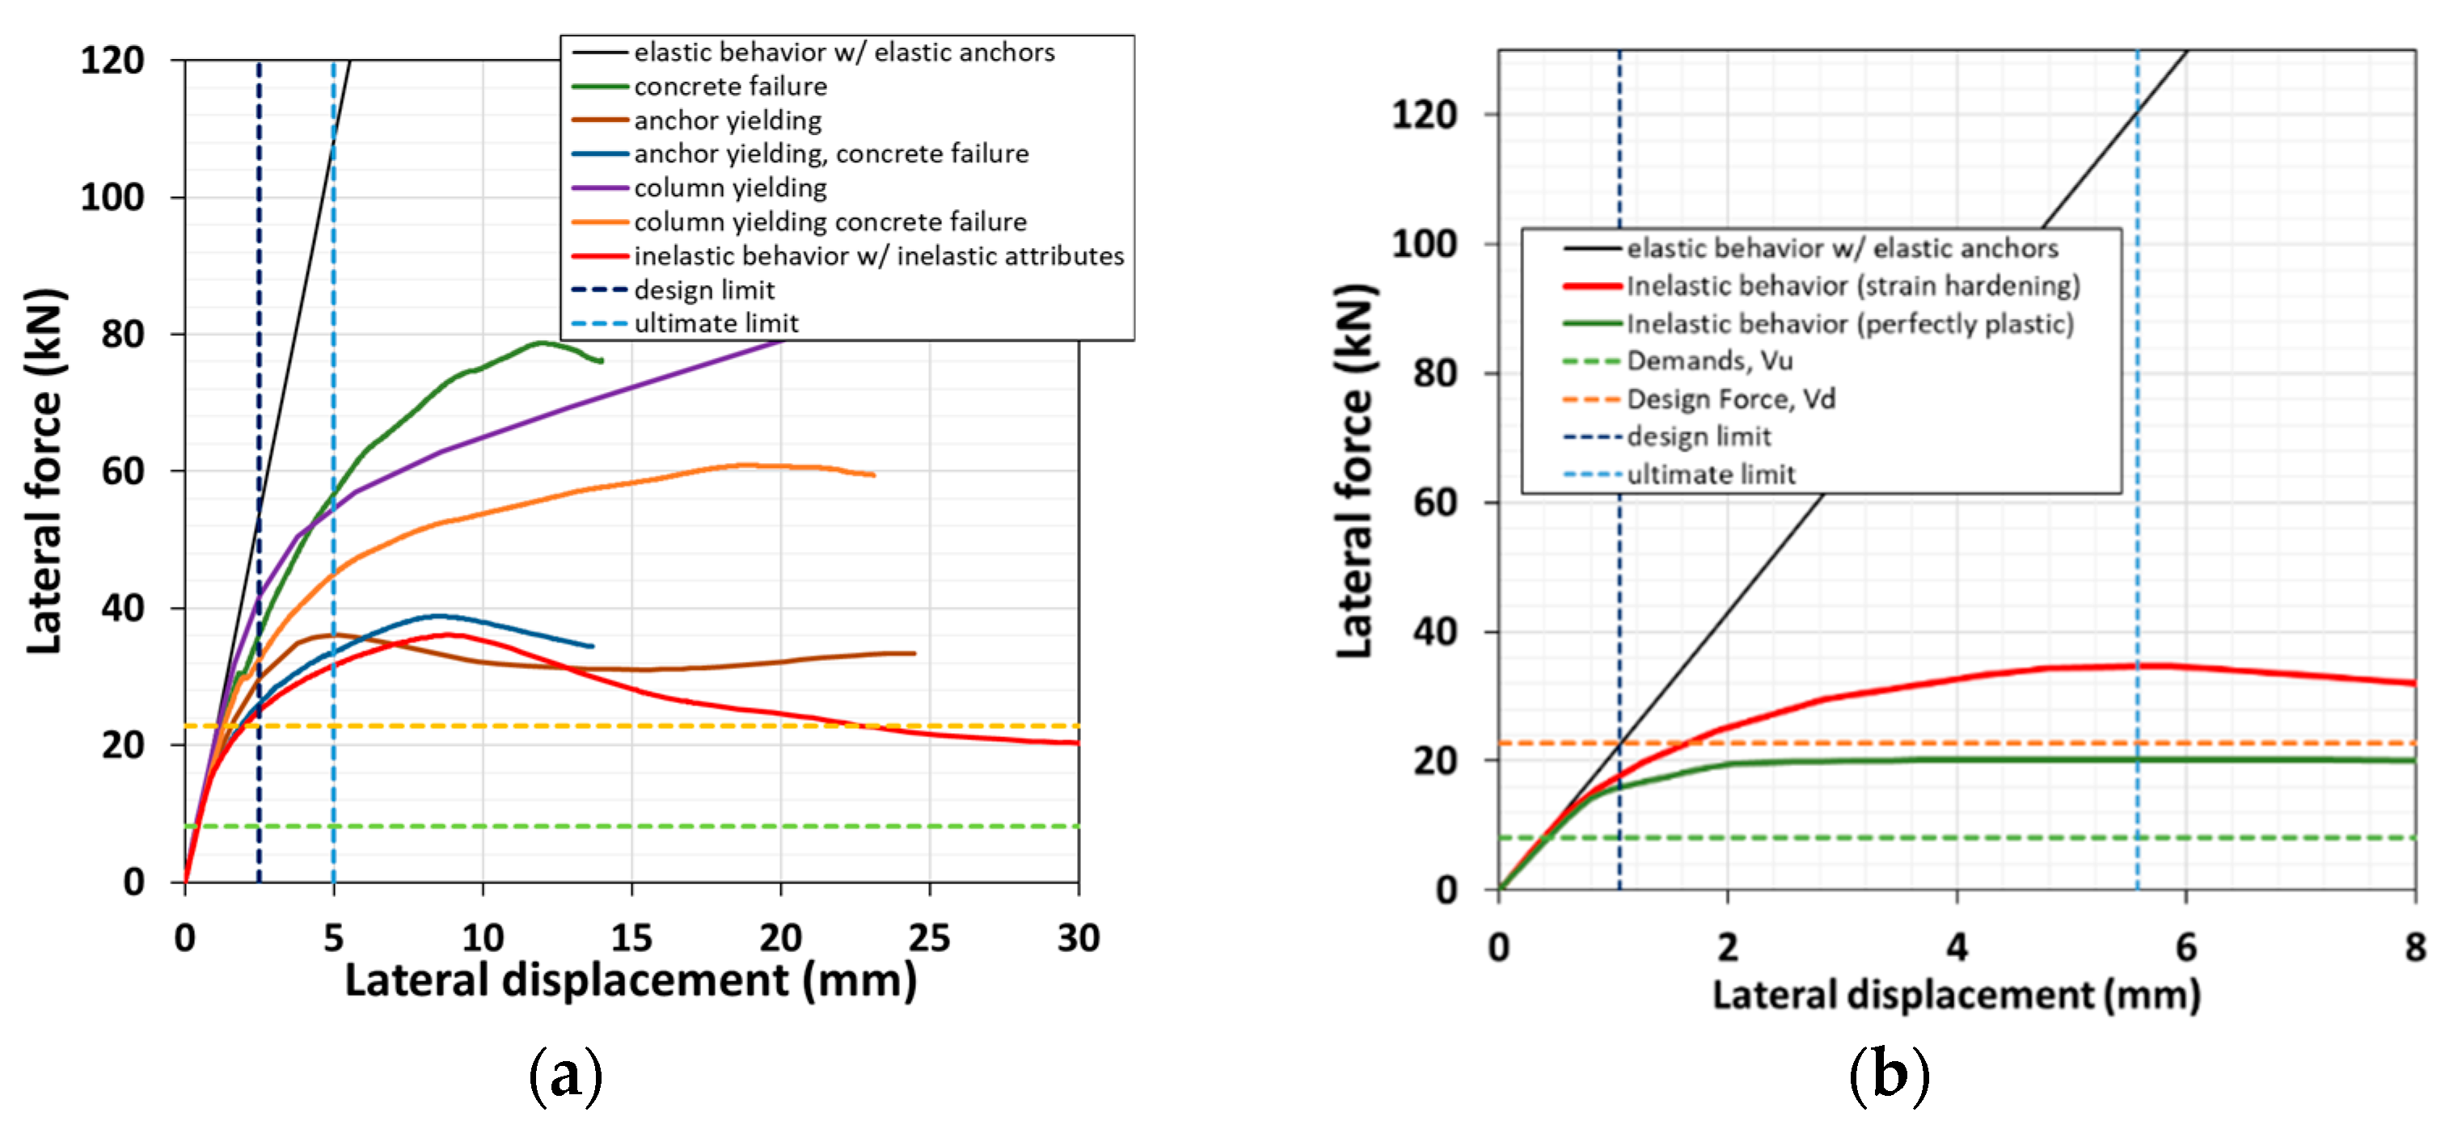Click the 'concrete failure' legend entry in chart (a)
point(729,86)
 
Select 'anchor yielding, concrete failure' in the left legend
point(830,154)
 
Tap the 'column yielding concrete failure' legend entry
point(830,222)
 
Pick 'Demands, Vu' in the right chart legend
point(1708,360)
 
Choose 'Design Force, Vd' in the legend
point(1730,398)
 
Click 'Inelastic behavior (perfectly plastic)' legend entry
point(1849,323)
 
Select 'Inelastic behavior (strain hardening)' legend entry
point(1852,285)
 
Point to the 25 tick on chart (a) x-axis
point(929,937)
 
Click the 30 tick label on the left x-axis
point(1079,937)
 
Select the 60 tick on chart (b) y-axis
point(1435,502)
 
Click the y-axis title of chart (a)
point(44,470)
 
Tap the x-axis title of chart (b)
point(1955,994)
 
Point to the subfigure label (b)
point(1889,1075)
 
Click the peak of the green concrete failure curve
point(541,343)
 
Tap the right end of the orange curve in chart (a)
point(873,474)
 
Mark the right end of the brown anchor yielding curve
point(914,653)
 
